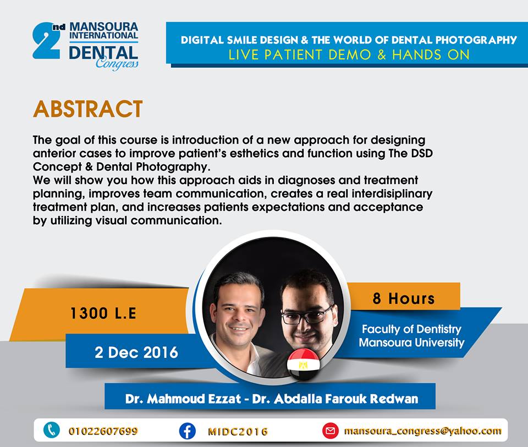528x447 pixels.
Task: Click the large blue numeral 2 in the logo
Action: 46,42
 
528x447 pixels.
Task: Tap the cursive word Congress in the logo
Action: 117,63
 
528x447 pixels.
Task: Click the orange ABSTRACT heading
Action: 88,109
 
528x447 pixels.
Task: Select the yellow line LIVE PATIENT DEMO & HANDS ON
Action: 349,55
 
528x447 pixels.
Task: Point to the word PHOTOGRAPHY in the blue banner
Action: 476,40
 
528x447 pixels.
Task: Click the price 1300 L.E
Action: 103,313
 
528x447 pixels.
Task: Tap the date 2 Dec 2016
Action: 136,352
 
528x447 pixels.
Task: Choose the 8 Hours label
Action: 403,299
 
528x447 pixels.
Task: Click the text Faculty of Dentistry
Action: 411,329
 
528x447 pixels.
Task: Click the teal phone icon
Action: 52,430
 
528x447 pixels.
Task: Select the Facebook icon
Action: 187,431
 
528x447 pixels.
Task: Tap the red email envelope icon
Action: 331,431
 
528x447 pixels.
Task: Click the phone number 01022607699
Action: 103,431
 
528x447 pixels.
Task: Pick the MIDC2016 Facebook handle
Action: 238,432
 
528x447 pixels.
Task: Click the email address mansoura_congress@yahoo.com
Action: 422,431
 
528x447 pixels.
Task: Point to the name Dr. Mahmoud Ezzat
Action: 183,399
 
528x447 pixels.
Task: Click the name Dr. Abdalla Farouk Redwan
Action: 335,399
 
